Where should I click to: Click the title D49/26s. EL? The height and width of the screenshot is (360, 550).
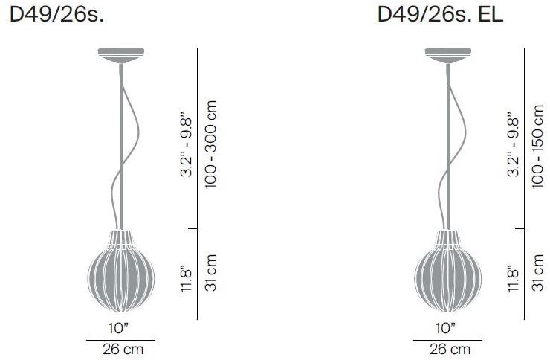(x=440, y=14)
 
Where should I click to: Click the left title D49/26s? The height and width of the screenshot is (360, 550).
(x=56, y=14)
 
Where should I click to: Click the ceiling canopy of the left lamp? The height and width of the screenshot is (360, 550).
(x=119, y=54)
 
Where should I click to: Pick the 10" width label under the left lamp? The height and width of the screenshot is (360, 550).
(x=119, y=328)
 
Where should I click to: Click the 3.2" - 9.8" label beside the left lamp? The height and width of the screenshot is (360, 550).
(x=187, y=145)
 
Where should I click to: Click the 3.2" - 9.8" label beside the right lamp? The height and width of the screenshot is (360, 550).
(x=514, y=145)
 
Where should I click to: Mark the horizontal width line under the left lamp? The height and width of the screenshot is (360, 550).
(x=119, y=339)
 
